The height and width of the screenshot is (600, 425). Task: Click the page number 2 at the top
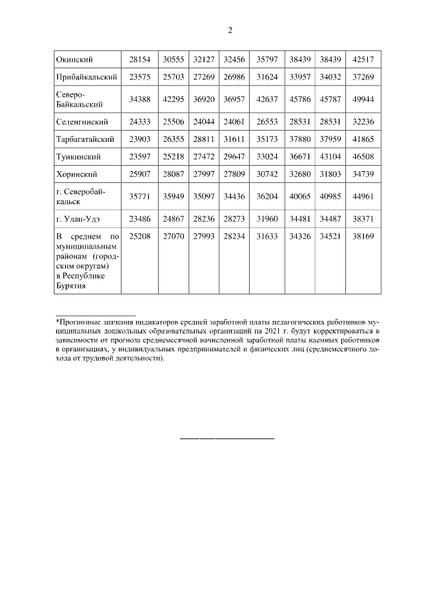230,30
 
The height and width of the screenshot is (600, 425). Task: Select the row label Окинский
74,60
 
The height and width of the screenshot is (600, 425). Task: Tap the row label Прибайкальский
86,77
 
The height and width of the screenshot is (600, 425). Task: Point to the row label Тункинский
78,157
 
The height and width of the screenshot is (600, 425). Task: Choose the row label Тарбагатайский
86,140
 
